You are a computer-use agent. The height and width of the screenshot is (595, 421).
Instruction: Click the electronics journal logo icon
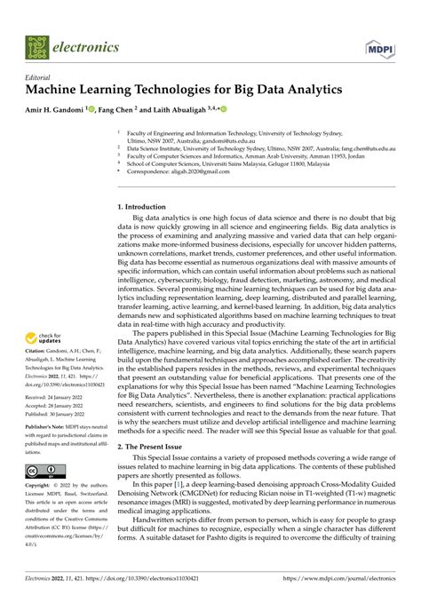pyautogui.click(x=38, y=47)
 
